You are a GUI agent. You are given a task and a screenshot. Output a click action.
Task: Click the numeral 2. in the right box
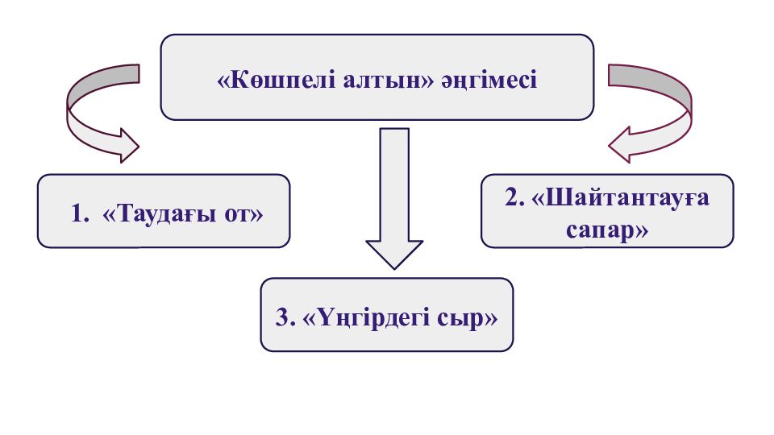click(x=515, y=197)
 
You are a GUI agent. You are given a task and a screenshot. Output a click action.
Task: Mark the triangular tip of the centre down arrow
click(x=394, y=253)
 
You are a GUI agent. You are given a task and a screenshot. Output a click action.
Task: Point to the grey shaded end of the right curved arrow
click(x=637, y=75)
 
